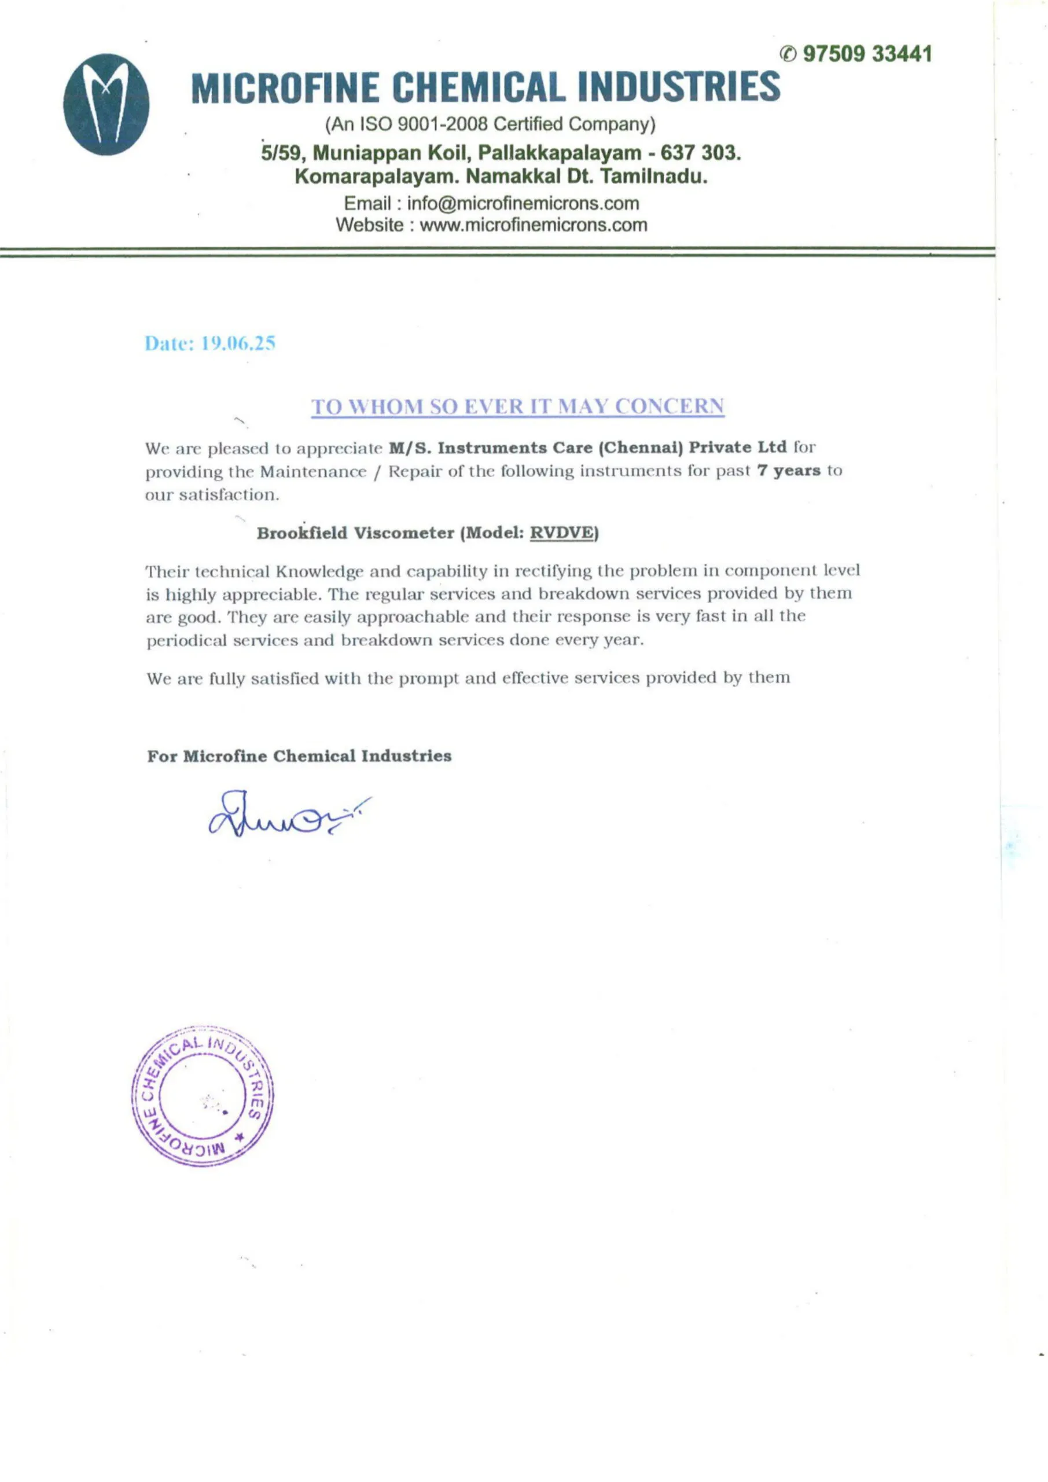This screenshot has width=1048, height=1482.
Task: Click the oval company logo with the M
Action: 106,104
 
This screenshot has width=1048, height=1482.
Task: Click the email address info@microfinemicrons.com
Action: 523,203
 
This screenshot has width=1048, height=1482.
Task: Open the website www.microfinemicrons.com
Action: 533,225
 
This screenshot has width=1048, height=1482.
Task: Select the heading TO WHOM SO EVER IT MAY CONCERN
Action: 517,406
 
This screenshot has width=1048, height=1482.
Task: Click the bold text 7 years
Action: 789,471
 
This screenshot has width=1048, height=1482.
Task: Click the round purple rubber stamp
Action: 202,1095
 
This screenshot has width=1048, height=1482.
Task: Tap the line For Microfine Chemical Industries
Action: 299,756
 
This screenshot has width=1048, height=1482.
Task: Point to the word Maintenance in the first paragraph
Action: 313,472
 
